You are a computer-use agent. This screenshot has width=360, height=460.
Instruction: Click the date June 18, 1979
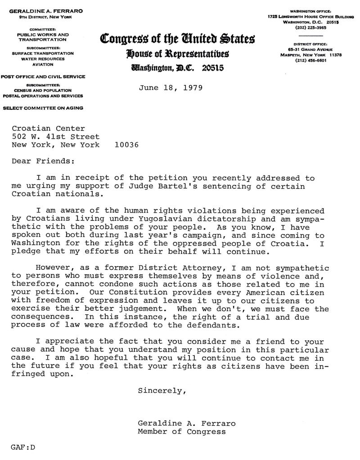click(x=171, y=87)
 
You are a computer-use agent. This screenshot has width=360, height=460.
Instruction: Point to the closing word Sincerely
click(x=162, y=390)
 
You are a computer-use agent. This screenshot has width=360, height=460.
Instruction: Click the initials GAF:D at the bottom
click(x=23, y=448)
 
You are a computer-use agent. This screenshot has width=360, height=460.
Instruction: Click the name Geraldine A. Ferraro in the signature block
click(x=187, y=424)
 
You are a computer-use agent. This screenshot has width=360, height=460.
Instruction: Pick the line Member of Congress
click(x=181, y=432)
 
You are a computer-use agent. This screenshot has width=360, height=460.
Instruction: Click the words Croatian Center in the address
click(x=48, y=129)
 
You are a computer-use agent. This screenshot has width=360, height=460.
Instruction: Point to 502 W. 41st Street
click(x=56, y=137)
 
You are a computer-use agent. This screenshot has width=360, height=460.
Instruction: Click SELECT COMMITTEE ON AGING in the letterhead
click(x=43, y=108)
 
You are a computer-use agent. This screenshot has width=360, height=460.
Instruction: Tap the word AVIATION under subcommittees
click(x=43, y=64)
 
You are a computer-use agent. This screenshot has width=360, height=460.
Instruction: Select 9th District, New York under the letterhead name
click(x=43, y=17)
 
